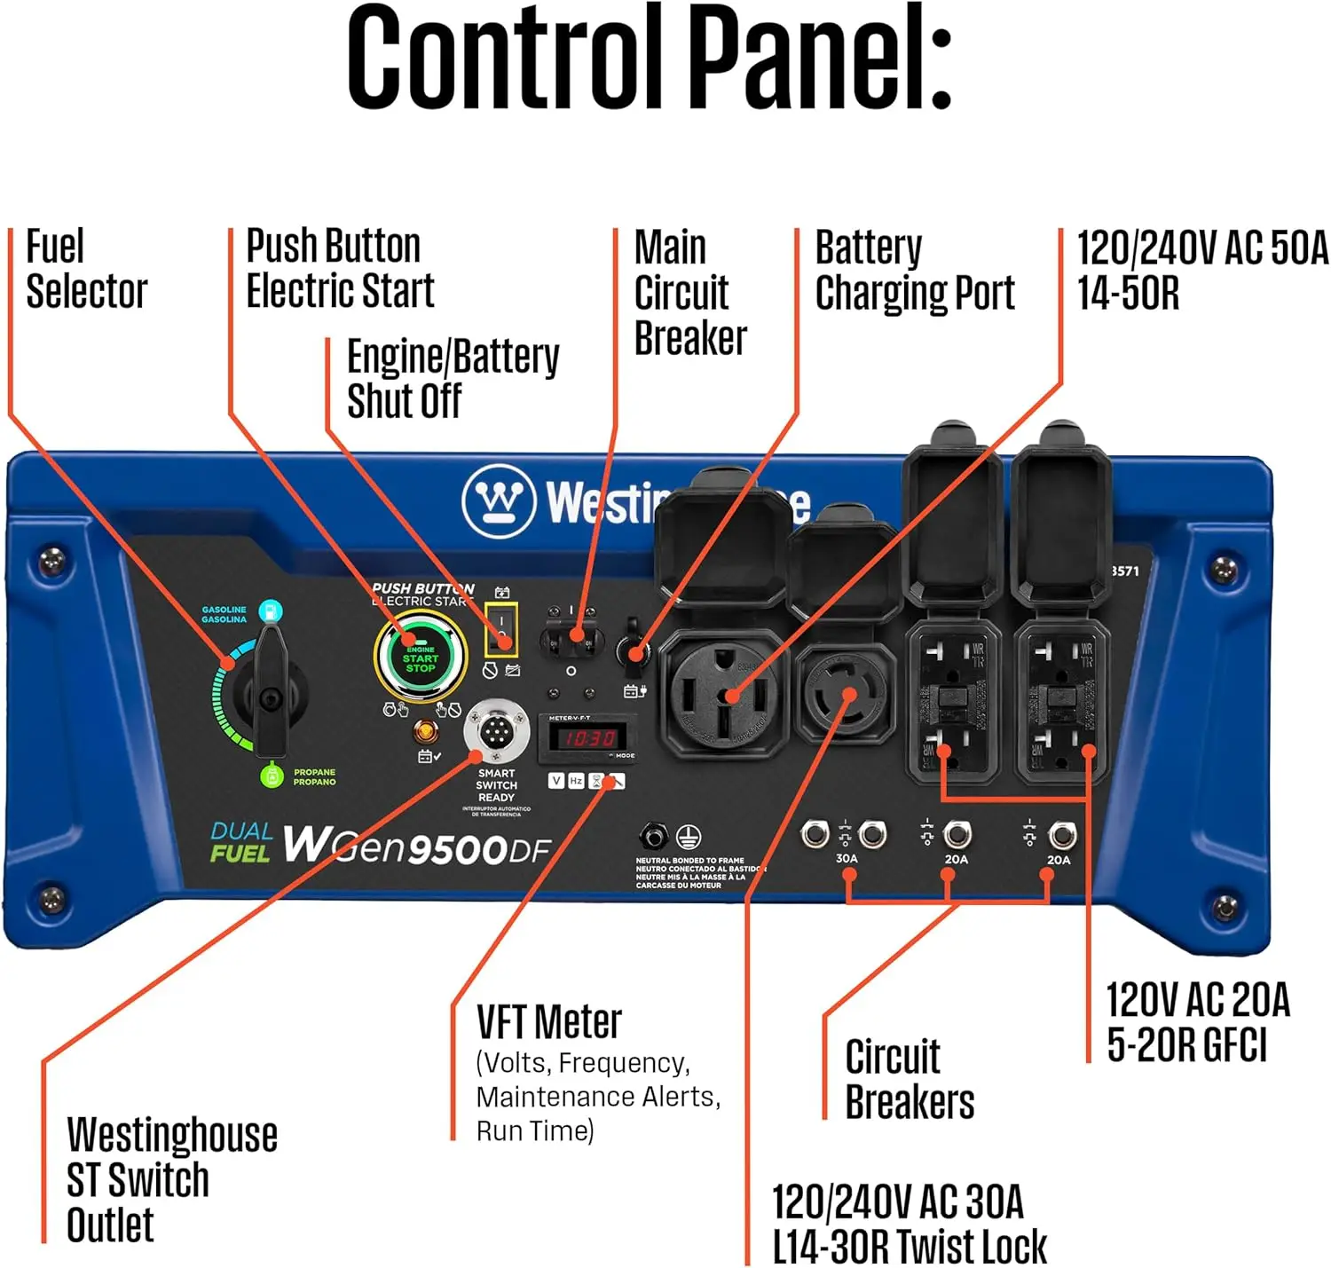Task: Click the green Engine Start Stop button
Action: (x=420, y=658)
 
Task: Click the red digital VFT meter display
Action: (x=587, y=738)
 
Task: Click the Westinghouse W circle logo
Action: (x=499, y=500)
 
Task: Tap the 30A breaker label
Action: (x=846, y=858)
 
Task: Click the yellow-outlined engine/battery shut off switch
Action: (x=501, y=628)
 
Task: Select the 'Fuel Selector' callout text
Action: (x=85, y=269)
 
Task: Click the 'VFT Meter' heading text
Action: (x=548, y=1022)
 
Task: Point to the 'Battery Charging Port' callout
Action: (x=914, y=271)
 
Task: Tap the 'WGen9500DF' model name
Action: (x=417, y=847)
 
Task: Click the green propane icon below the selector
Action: (x=270, y=776)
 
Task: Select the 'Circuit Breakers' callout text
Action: (x=909, y=1079)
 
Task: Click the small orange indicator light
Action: (x=426, y=733)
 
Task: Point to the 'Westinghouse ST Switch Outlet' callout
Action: (x=171, y=1179)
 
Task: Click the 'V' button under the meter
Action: (x=556, y=781)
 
